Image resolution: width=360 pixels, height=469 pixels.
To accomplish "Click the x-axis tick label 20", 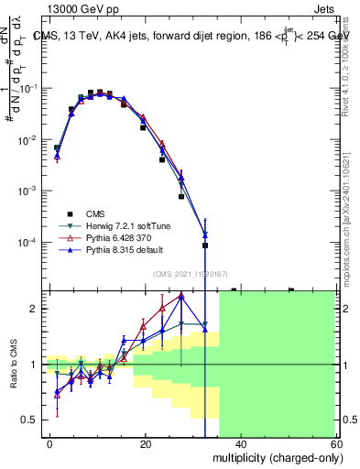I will tap(145, 443).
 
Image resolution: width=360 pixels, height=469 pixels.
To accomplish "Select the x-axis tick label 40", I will tap(240, 443).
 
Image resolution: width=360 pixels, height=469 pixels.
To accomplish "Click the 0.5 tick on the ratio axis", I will tap(34, 420).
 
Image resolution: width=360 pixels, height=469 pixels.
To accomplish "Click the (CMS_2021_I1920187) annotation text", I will tap(190, 274).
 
